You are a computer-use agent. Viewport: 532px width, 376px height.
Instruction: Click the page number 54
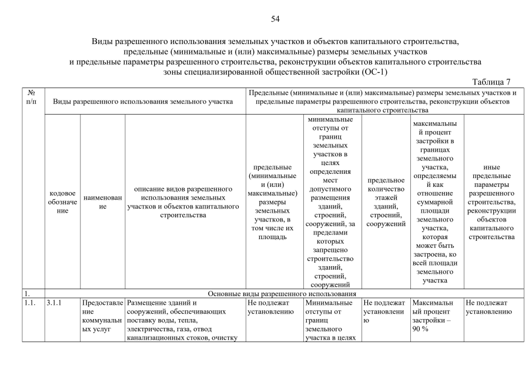[x=275, y=19]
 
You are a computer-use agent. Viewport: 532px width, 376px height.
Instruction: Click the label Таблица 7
[x=491, y=82]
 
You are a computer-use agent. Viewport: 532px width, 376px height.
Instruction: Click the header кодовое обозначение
[x=62, y=201]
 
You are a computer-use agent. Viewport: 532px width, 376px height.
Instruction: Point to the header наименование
[x=102, y=201]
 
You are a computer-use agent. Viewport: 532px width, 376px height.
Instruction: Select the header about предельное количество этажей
[x=385, y=202]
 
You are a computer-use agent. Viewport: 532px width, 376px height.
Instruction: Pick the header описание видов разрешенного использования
[x=184, y=202]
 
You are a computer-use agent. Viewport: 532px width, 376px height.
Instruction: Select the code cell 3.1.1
[x=55, y=303]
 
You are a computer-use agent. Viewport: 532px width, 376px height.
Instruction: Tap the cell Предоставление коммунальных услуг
[x=102, y=320]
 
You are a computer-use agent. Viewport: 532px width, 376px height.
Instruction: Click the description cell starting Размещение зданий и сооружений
[x=184, y=320]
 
